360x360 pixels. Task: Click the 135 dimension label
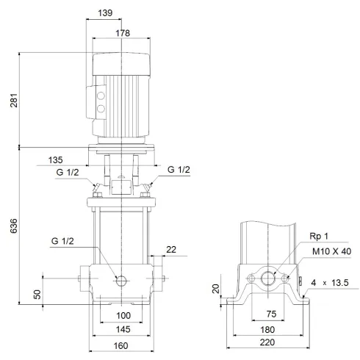[x=77, y=158]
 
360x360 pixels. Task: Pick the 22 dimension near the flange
[x=170, y=251]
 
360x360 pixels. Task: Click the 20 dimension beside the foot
[x=215, y=289]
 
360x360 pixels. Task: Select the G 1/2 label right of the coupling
[x=179, y=170]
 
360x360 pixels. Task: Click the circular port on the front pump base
[x=121, y=280]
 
